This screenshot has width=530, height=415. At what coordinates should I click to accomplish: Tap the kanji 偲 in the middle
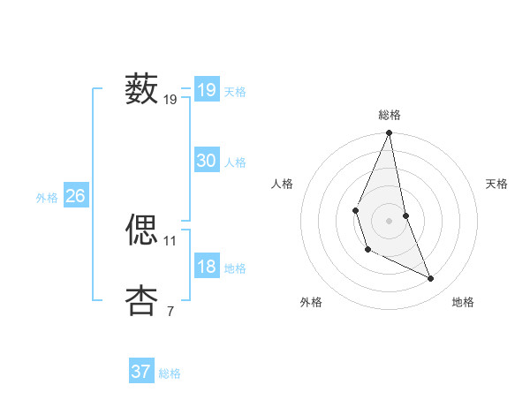pos(141,229)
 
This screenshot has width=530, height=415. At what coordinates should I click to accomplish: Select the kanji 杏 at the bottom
pos(141,299)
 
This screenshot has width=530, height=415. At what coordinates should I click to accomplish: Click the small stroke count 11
pos(170,240)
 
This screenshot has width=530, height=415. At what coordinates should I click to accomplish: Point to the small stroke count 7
pos(170,311)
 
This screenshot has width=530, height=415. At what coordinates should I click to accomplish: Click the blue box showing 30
pos(207,161)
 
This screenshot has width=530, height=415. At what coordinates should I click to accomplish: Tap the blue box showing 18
pos(207,268)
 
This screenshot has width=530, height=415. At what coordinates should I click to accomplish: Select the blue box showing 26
pos(75,196)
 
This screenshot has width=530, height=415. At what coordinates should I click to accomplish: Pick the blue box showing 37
pos(141,372)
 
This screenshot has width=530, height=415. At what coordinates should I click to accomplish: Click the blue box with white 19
pos(207,90)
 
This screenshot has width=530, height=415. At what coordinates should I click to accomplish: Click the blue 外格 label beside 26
pos(47,198)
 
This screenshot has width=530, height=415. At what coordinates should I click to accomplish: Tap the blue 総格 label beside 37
pos(170,373)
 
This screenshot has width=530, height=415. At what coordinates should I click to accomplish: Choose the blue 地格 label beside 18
pos(235,268)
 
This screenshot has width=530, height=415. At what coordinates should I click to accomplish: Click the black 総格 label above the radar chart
pos(389,115)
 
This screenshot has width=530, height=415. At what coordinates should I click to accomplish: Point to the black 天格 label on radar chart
pos(496,184)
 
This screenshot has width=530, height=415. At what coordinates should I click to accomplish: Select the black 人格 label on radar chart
pos(283,184)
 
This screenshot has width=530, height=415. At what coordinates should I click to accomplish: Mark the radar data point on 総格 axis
pos(389,133)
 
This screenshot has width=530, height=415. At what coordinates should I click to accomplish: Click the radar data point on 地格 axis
pos(431,279)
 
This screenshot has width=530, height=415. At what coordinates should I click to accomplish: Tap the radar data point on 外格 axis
pos(367,250)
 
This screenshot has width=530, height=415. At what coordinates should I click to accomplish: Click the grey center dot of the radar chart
pos(389,220)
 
